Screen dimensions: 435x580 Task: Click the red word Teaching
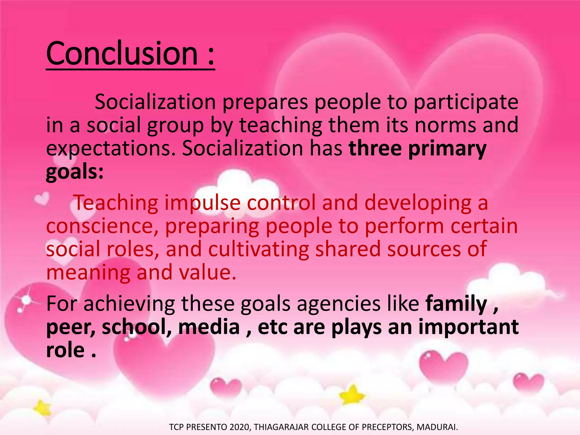click(x=116, y=203)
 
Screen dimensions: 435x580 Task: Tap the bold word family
click(x=456, y=304)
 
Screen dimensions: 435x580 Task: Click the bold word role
click(x=65, y=350)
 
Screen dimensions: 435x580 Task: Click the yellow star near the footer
click(x=352, y=395)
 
